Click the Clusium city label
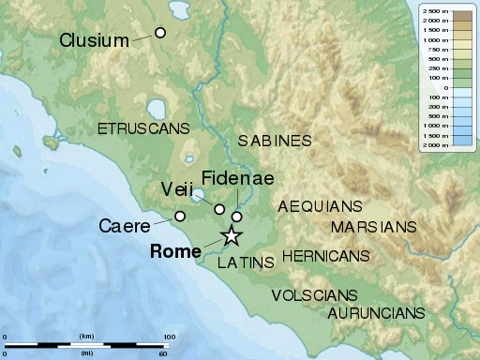94,40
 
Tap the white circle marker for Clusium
160,33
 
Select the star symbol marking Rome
231,236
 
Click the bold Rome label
175,251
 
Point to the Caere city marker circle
180,217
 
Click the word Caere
128,226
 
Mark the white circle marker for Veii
220,209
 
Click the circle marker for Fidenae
236,217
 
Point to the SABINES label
274,141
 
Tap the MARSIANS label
373,227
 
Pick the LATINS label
246,262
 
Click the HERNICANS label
325,255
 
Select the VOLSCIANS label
314,294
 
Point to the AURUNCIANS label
376,312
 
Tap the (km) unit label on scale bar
87,337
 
